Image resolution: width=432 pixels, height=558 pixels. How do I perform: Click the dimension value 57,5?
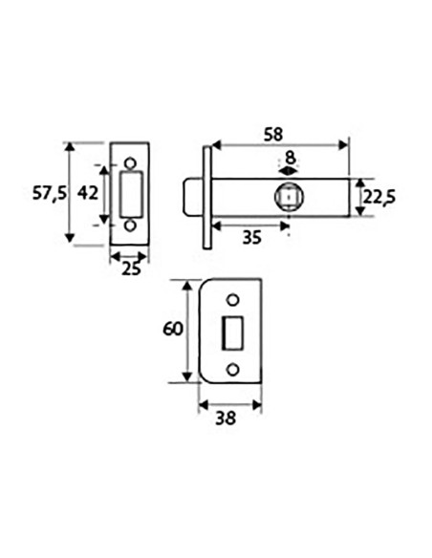(48, 193)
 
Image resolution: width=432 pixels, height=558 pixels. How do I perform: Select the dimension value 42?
(88, 193)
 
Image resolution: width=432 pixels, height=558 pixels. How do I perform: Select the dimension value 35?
(250, 238)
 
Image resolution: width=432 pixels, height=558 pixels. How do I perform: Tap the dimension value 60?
(171, 331)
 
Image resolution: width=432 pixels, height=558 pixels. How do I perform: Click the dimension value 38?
(227, 418)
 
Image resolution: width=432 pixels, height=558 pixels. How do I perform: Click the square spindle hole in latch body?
(289, 197)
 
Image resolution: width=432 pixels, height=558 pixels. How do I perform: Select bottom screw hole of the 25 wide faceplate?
(132, 226)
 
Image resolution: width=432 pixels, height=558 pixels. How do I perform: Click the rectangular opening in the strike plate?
(232, 333)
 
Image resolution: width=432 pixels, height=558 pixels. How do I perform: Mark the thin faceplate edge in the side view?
(205, 197)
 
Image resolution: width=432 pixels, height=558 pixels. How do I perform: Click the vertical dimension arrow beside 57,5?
(69, 193)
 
